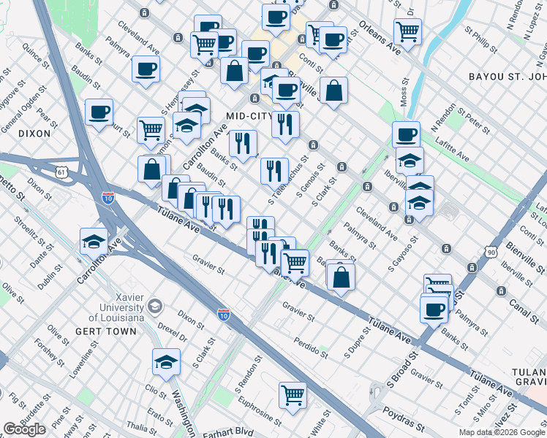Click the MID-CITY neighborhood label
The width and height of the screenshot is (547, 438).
click(249, 116)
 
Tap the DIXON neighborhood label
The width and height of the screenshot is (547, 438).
click(34, 134)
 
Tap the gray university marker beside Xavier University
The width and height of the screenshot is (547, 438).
click(155, 305)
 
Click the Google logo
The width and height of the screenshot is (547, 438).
click(24, 429)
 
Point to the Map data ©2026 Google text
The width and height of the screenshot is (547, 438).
click(502, 432)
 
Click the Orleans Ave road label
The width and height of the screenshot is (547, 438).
click(380, 38)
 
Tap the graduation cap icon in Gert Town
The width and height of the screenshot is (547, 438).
click(166, 361)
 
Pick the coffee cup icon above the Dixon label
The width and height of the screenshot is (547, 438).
click(99, 112)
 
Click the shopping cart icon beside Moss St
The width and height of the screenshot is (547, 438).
click(407, 31)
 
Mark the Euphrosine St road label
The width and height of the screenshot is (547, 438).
click(258, 410)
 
